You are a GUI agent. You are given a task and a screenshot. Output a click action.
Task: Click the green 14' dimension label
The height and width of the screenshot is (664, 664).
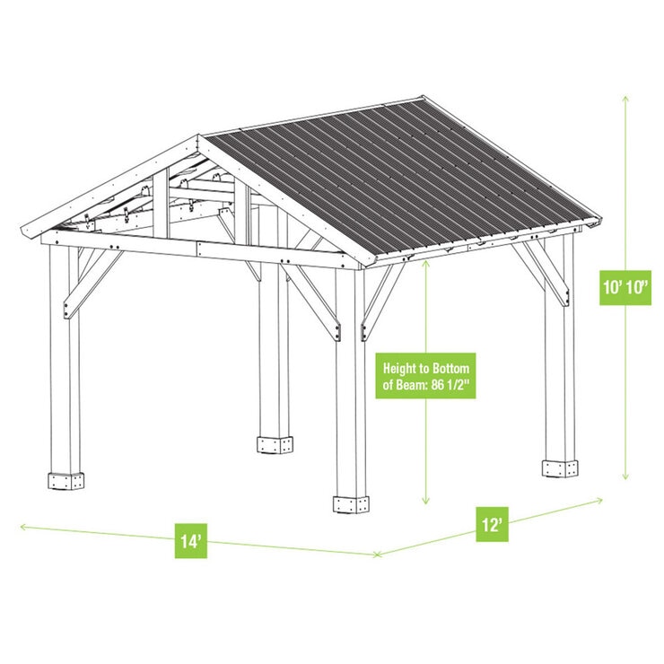(x=188, y=542)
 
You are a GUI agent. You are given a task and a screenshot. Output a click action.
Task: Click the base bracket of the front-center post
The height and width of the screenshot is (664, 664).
(x=351, y=503)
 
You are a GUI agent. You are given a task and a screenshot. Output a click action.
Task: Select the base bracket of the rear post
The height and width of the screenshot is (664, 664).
(x=273, y=444)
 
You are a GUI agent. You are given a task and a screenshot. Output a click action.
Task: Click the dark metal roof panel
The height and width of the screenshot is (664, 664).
(x=404, y=179)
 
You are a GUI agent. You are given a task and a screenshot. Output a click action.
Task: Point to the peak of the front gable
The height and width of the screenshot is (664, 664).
(x=198, y=137)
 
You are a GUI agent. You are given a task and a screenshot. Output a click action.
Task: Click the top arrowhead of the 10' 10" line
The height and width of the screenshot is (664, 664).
(x=625, y=95)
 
